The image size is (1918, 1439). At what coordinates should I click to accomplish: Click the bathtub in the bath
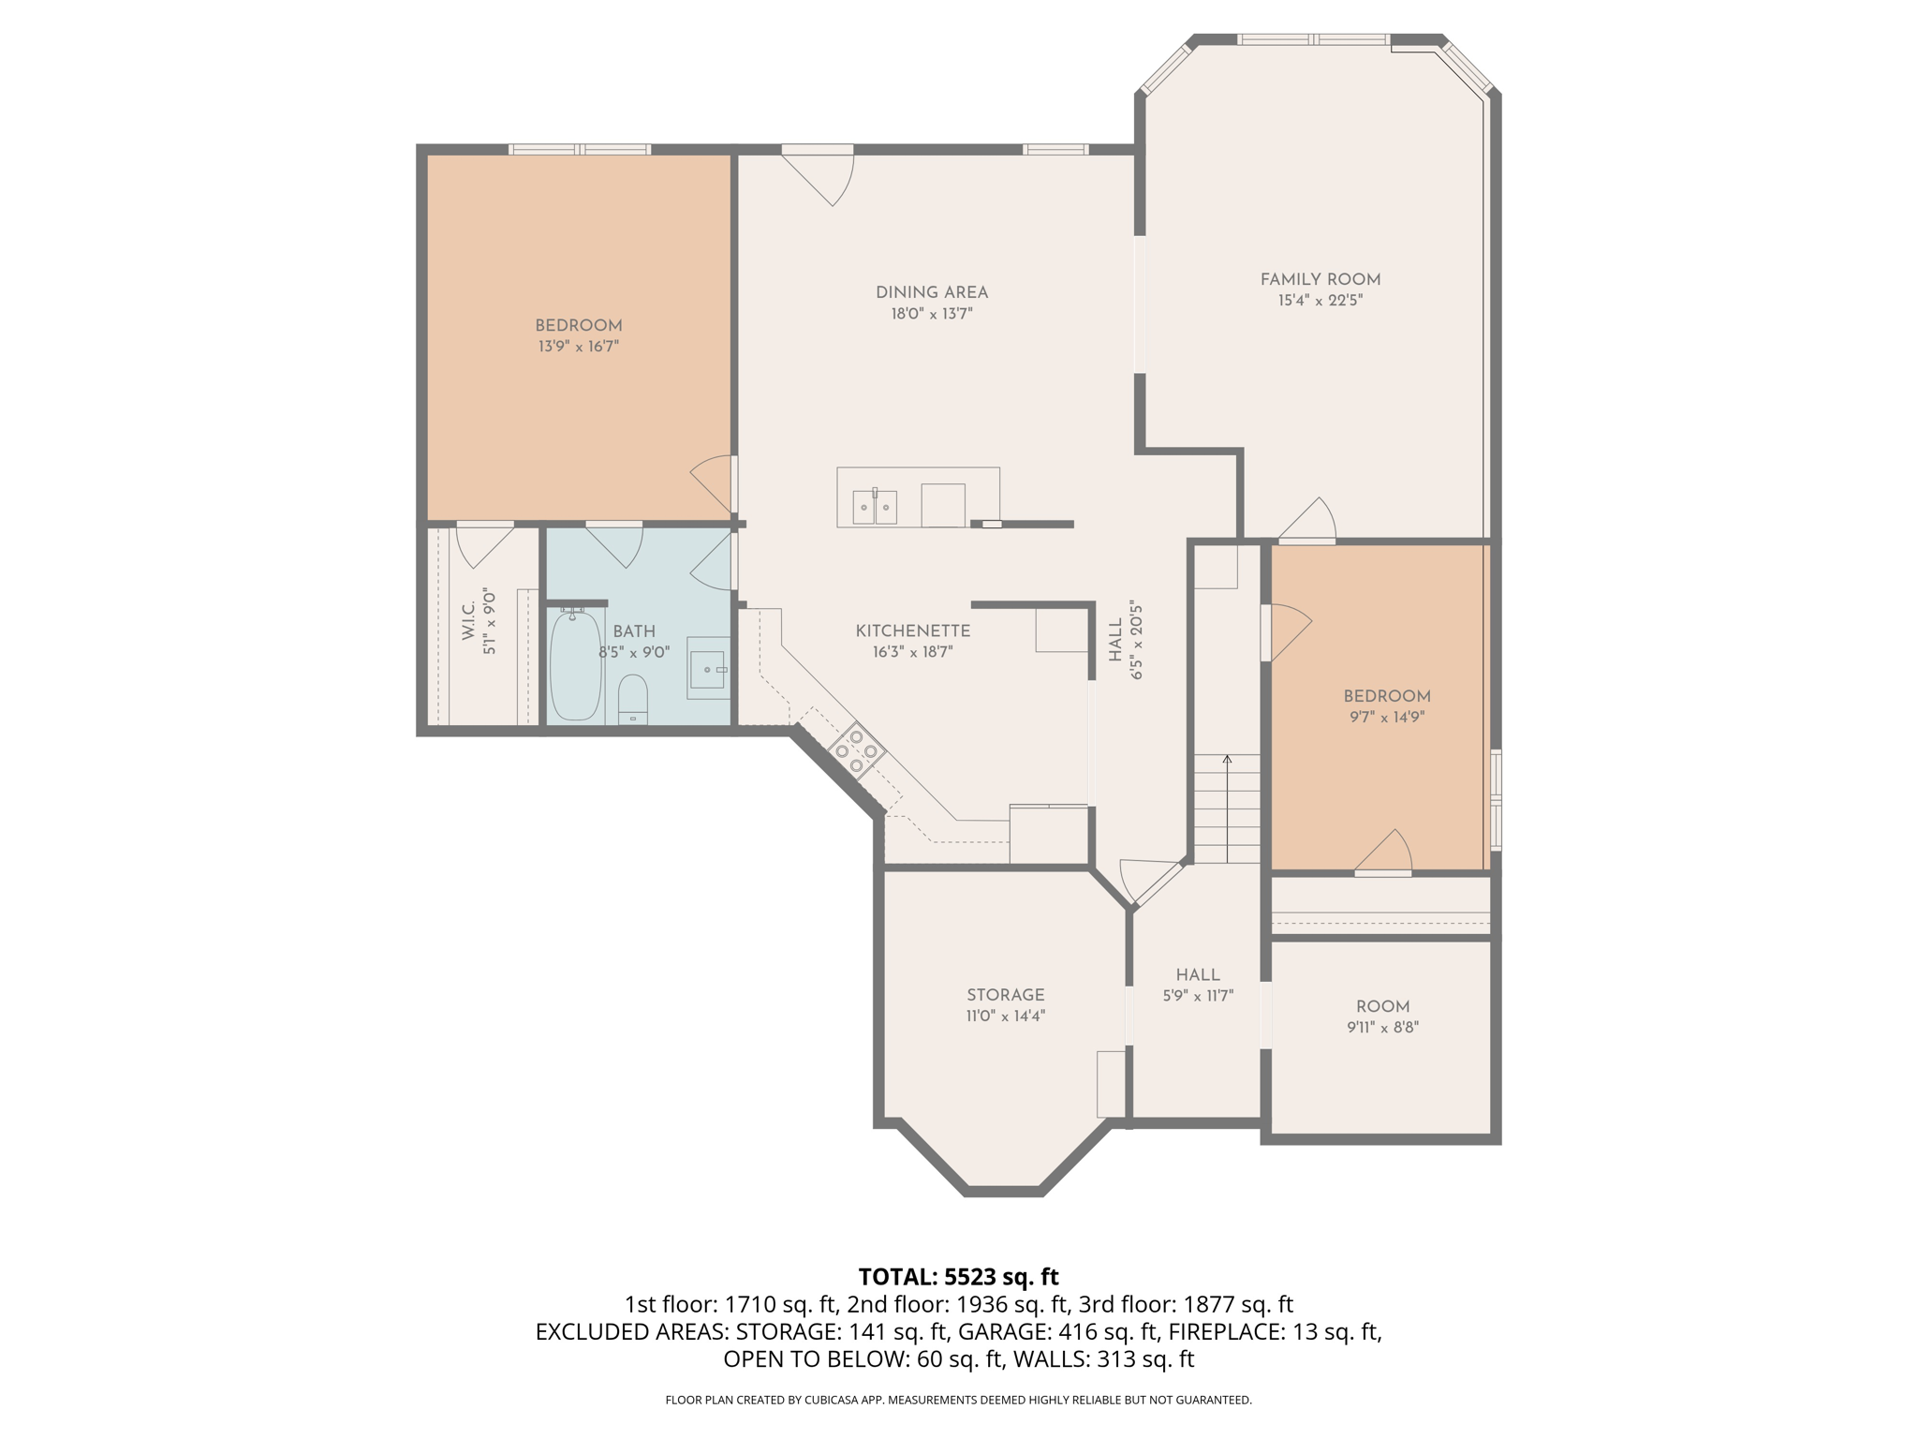(575, 666)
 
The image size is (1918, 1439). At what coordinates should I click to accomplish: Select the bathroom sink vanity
(708, 668)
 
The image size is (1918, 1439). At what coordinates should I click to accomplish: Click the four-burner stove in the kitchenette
(856, 750)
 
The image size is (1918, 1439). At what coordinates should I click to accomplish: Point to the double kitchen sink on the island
(875, 507)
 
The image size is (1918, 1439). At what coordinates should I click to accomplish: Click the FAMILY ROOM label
(1320, 279)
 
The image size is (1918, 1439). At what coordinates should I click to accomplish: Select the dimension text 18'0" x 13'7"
(931, 314)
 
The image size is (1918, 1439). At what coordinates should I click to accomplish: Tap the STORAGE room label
(1005, 995)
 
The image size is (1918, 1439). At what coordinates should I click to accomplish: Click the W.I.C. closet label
(468, 621)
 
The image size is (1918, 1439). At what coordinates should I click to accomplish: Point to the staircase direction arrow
(1227, 761)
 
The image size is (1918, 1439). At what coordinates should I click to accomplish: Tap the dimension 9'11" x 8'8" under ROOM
(1382, 1027)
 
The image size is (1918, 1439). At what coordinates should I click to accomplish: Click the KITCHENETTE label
(912, 630)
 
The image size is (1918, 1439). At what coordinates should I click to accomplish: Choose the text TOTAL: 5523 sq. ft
(958, 1277)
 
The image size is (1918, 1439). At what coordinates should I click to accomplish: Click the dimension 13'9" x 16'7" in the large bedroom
(578, 347)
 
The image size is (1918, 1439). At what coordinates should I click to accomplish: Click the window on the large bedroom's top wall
(580, 149)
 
